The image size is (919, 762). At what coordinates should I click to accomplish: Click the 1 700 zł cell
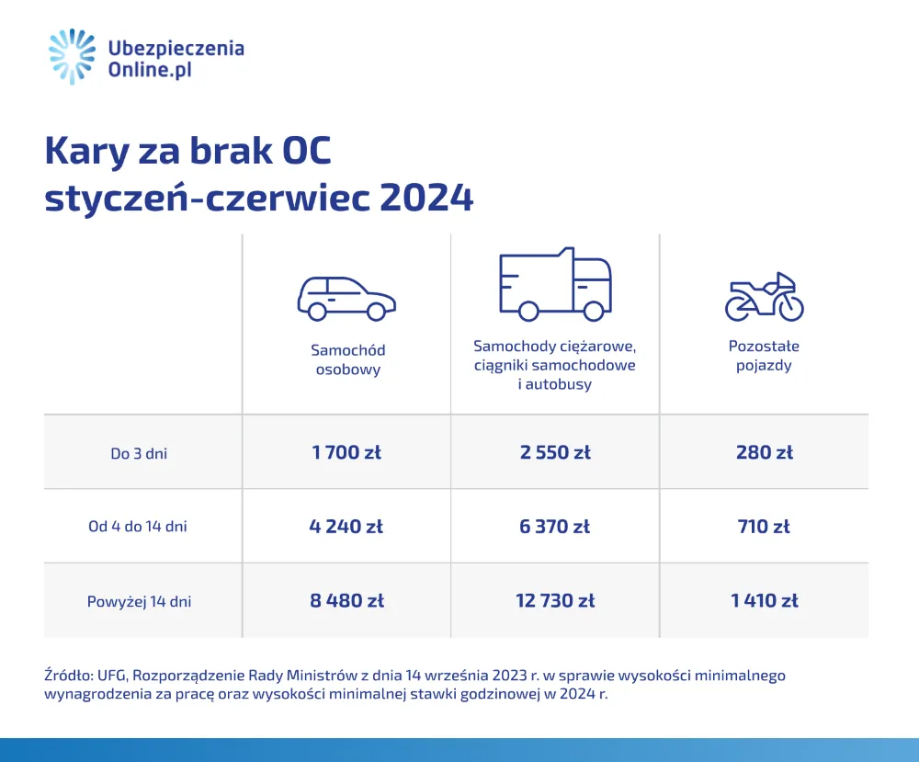[346, 452]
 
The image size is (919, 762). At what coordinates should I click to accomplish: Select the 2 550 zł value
[554, 452]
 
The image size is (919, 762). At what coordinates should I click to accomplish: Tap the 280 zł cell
[764, 452]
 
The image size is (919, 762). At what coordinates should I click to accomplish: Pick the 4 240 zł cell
[346, 527]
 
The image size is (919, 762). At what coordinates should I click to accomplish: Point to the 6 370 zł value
[554, 527]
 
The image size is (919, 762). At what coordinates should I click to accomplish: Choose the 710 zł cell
[764, 527]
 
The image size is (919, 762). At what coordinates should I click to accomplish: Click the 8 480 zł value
[346, 601]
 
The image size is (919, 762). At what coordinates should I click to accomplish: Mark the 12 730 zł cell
[554, 601]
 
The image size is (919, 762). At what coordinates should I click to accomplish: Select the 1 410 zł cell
[764, 601]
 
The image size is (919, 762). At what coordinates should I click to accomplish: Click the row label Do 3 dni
[138, 453]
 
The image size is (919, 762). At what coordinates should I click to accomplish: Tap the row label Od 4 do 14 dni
[138, 528]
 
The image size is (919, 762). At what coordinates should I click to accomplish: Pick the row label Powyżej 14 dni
[140, 602]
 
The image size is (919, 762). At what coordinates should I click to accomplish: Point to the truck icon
[554, 284]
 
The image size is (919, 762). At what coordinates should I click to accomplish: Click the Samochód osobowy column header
[347, 359]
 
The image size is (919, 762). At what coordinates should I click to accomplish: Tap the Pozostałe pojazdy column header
[764, 356]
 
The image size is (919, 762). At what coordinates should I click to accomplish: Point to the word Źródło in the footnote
[65, 676]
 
